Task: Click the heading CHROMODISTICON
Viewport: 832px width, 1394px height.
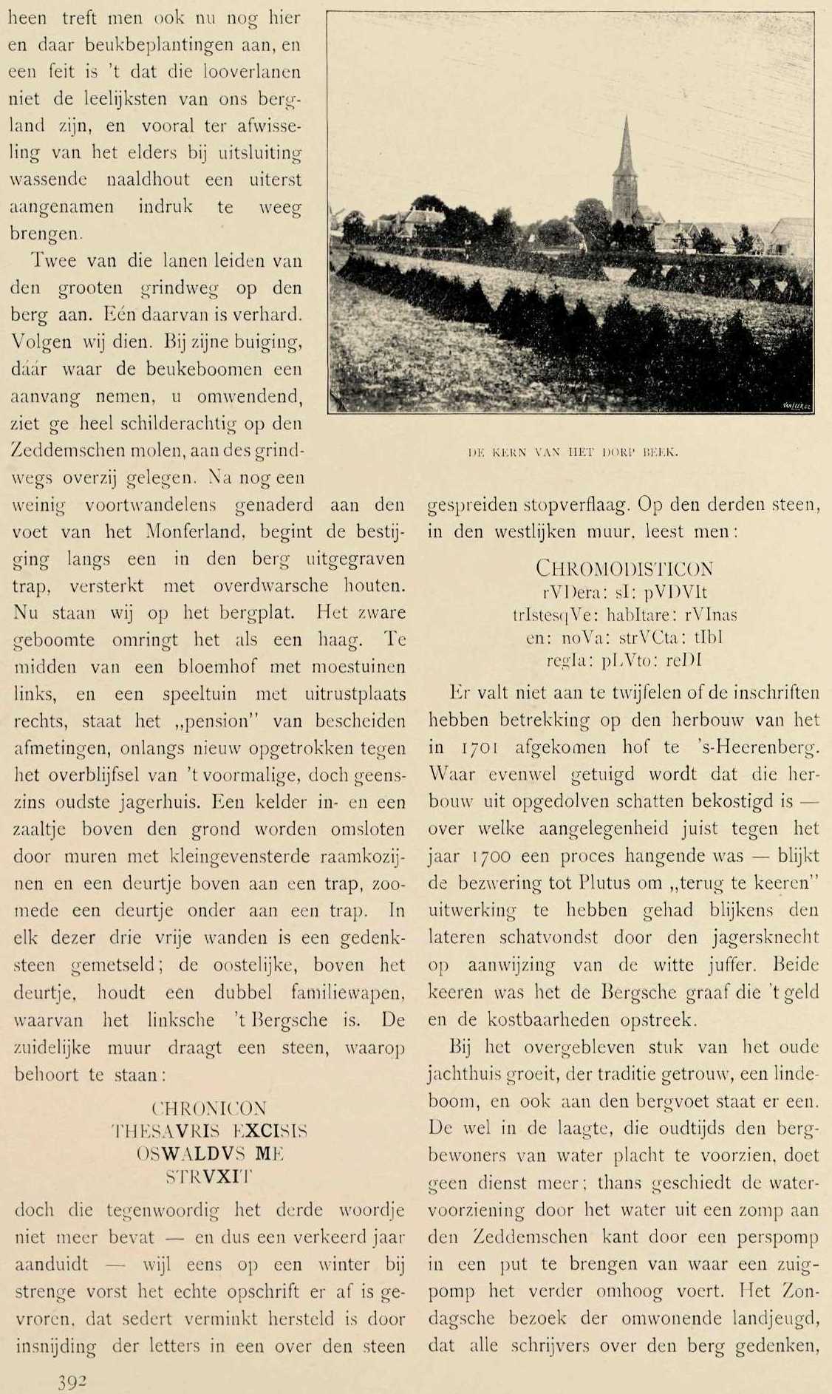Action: (624, 568)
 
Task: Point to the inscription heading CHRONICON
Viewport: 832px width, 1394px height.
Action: (208, 1108)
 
